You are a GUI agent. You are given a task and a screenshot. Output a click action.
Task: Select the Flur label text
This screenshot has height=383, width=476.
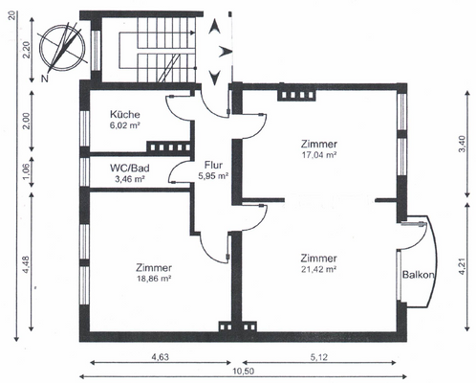point(212,163)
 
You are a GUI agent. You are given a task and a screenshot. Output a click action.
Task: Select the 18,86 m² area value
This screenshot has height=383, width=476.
point(153,279)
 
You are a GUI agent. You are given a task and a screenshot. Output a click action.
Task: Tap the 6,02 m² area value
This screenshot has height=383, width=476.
point(126,124)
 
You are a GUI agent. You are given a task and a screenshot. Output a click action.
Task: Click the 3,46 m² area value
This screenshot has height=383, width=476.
point(129,178)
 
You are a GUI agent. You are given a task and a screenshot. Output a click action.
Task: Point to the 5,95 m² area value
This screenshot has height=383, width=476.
point(213,175)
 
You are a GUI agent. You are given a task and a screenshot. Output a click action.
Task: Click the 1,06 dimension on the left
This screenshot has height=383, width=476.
point(26,169)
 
